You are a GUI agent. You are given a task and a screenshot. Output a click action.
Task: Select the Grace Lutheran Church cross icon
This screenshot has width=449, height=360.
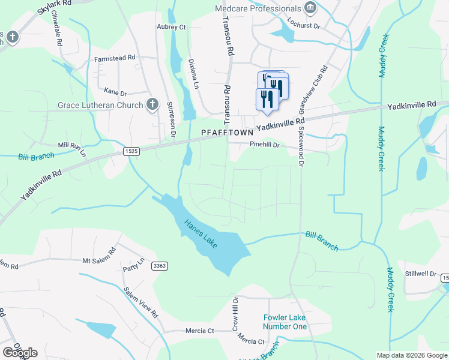coord(152,105)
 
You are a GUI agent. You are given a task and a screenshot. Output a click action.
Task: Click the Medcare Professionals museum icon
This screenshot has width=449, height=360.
coord(310,8)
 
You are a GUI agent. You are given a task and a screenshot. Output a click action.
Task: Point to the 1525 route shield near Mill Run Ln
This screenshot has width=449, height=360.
coord(133,152)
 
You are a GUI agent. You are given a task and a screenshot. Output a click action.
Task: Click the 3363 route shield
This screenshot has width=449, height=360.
coord(159,265)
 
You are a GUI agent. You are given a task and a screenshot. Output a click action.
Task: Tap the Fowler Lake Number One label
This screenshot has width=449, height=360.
coord(285,322)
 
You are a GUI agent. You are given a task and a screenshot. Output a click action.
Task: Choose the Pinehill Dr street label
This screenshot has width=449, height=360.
coord(265,145)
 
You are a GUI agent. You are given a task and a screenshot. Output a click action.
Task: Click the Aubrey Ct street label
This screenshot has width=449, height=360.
coord(171,28)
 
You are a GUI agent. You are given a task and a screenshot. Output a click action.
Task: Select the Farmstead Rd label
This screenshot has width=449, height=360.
coord(115,59)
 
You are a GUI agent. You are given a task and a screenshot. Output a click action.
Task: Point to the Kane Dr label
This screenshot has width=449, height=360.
coord(115,93)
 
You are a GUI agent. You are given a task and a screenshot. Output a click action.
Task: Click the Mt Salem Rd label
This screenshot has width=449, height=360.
coord(98,256)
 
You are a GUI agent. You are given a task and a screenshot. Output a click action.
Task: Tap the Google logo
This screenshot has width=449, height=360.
coord(20,353)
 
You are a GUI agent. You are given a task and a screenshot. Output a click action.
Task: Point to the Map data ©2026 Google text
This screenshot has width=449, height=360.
coord(412,355)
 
